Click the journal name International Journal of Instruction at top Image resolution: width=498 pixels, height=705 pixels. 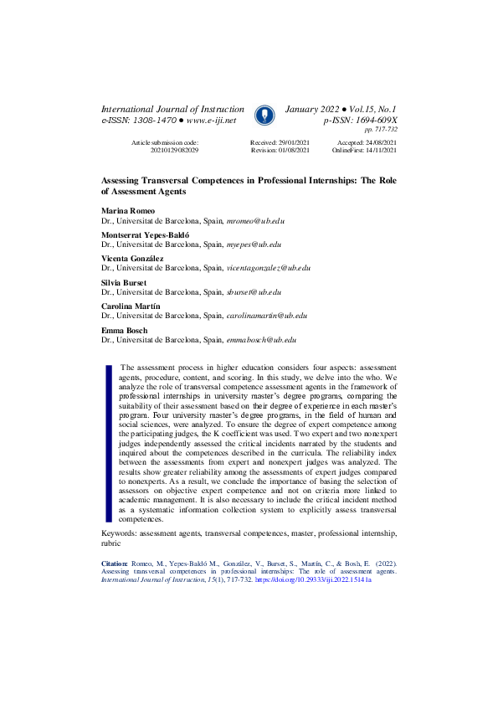click(x=172, y=110)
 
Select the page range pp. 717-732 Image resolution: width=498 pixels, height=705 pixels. click(x=380, y=130)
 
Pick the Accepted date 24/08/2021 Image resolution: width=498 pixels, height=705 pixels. click(x=377, y=143)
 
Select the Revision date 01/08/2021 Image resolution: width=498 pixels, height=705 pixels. click(x=291, y=150)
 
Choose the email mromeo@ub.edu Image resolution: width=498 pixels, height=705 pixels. click(x=256, y=221)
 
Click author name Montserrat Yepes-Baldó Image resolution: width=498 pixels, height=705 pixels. click(x=145, y=236)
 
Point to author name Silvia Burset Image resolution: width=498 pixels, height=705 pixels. click(x=123, y=283)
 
